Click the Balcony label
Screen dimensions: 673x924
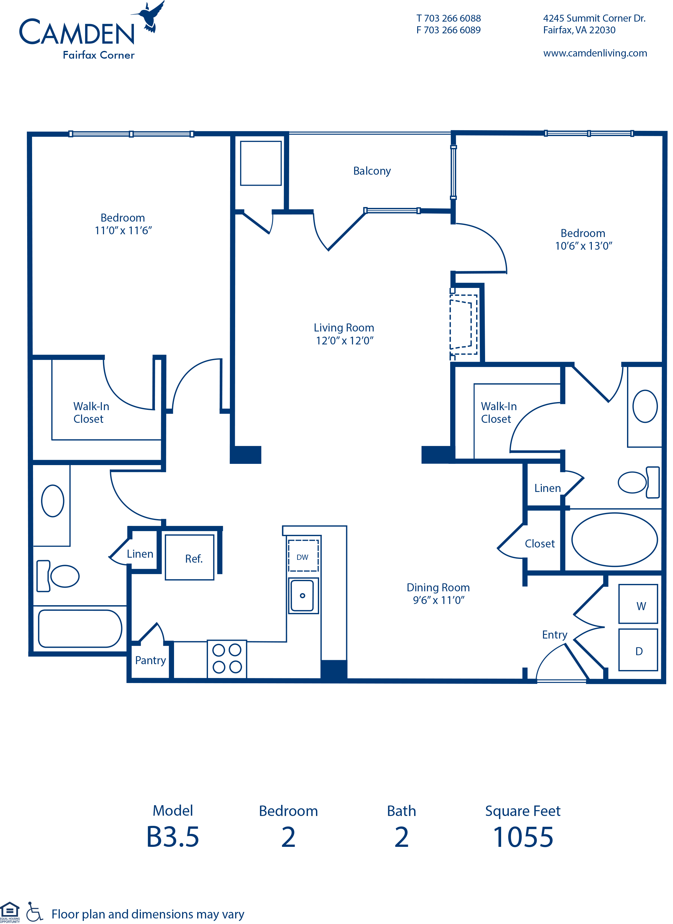372,171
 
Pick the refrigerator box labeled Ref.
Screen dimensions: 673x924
189,557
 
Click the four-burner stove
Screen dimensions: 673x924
227,659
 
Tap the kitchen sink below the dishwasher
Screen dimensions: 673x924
303,596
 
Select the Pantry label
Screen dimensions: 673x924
150,660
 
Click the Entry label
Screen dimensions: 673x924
555,635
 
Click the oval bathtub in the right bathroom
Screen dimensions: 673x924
614,539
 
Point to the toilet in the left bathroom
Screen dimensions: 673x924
57,576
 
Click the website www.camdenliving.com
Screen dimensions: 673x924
595,53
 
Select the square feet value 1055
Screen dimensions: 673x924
523,838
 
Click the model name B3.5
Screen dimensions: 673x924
173,837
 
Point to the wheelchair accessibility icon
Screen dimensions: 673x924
34,912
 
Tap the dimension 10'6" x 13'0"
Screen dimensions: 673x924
584,246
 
